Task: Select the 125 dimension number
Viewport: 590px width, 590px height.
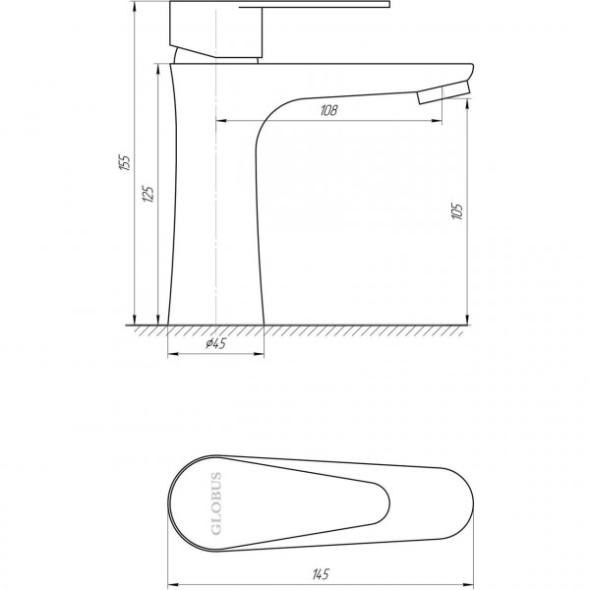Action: coord(148,193)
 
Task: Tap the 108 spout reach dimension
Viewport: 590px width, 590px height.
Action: coord(328,111)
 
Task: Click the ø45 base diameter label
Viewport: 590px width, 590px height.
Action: coord(215,343)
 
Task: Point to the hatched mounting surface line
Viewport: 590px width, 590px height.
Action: coord(295,328)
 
